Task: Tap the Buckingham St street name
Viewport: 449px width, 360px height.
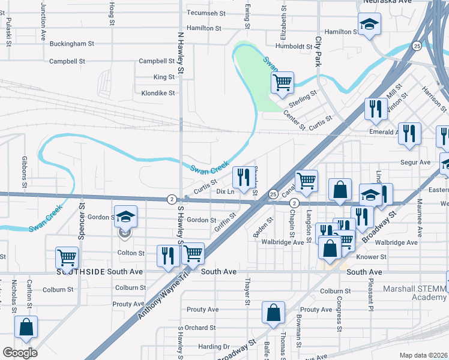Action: pyautogui.click(x=72, y=44)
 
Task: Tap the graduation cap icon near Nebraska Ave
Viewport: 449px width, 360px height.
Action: pyautogui.click(x=370, y=25)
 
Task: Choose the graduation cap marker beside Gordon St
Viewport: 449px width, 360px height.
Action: pyautogui.click(x=126, y=217)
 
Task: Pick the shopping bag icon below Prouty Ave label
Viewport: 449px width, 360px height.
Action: pyautogui.click(x=273, y=313)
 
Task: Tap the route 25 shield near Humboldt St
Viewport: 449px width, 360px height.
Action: pyautogui.click(x=416, y=46)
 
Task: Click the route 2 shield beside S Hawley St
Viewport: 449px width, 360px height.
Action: pyautogui.click(x=172, y=199)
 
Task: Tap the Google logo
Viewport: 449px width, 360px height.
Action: pyautogui.click(x=20, y=352)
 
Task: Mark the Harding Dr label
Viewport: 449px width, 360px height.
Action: pyautogui.click(x=214, y=347)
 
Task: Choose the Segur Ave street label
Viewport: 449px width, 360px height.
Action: pyautogui.click(x=416, y=163)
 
